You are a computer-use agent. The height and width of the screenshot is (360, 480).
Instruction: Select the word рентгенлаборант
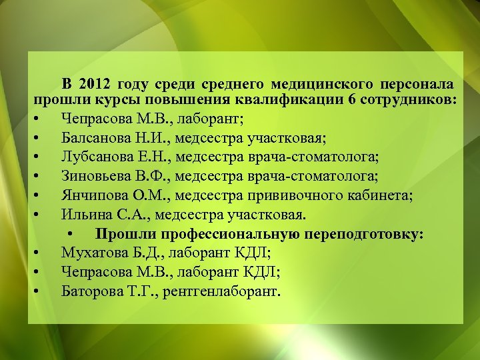click(x=226, y=291)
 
